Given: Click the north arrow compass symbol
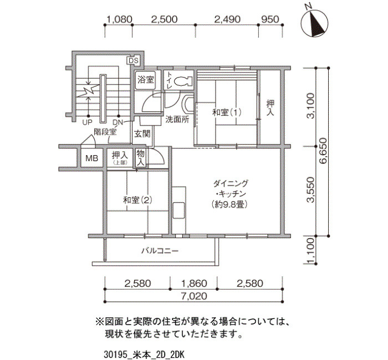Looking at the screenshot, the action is pos(315,23).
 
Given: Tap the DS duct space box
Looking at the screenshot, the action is pos(133,60).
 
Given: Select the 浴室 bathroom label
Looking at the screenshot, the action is pos(145,80).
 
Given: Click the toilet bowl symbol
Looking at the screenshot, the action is pos(183,80).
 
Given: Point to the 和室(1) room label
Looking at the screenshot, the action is pos(227,112).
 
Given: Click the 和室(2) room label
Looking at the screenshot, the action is pos(137,200).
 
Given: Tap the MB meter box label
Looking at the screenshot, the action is pos(91,158).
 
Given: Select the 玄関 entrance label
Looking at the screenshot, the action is pos(142,134).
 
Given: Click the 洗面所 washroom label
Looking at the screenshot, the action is pos(177,120).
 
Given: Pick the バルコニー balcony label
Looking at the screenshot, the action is pos(160,251).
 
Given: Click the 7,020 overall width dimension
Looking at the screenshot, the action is pos(194,296).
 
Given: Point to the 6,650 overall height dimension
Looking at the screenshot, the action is pos(323,151).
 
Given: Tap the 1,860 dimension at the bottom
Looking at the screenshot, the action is pos(194,283).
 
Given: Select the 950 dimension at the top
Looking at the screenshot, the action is pos(270,19).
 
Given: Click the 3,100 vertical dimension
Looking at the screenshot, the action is pos(310,106).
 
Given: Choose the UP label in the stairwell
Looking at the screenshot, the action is pos(87,122).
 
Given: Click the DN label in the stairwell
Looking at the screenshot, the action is pos(118,122).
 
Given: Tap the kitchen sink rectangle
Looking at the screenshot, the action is pos(179,210).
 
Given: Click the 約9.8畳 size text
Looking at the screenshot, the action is pos(230,204).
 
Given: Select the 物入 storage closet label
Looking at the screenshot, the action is pos(141,157).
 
